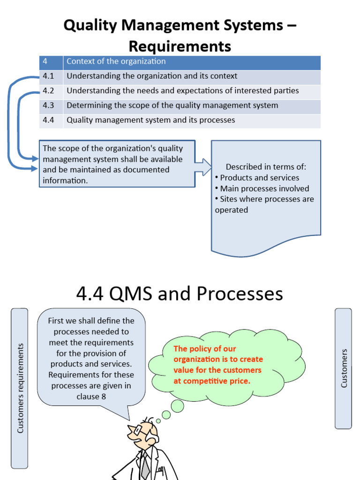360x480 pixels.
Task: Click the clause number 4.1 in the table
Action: coord(49,76)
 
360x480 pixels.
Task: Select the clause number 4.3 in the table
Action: coord(49,105)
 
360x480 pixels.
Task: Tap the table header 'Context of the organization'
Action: coord(116,61)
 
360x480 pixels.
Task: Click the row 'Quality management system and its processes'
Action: coord(150,120)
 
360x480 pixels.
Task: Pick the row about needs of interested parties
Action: coord(182,90)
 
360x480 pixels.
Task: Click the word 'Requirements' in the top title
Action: coord(180,46)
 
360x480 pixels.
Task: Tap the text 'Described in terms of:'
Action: coord(266,167)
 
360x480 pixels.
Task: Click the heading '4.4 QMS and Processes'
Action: coord(180,294)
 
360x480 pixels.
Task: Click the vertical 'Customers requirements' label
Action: coord(20,388)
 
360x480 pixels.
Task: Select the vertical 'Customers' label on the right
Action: coord(344,368)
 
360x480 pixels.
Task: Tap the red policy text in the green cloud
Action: coord(218,365)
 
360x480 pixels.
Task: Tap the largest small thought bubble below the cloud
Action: coord(177,406)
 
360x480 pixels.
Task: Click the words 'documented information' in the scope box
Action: coord(117,175)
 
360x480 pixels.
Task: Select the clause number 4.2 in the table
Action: coord(49,90)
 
